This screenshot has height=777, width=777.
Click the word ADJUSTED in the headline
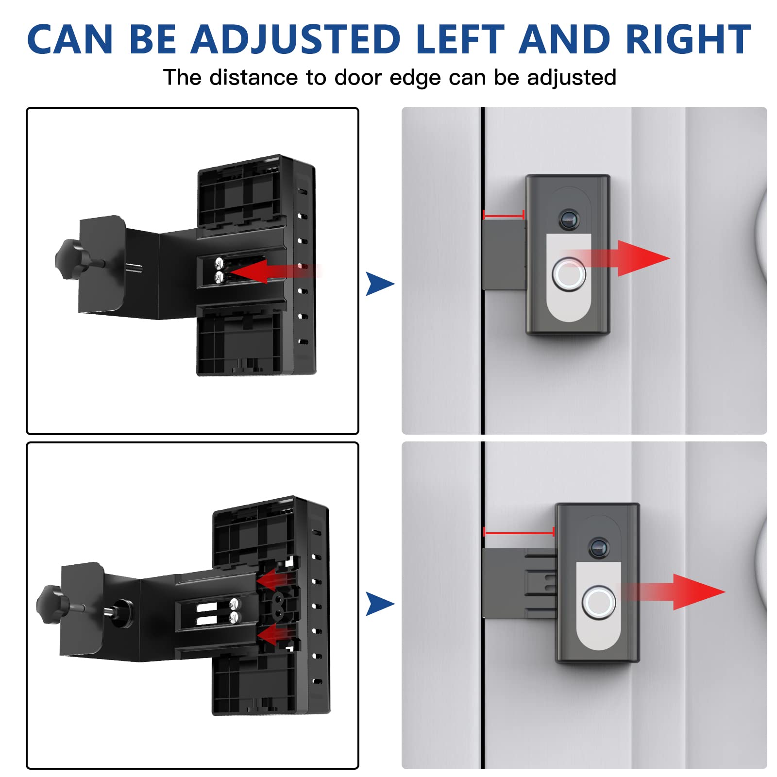coord(295,40)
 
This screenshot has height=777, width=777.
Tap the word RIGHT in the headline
coord(688,40)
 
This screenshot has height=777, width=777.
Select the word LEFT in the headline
coord(460,40)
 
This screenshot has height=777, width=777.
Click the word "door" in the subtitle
coord(357,78)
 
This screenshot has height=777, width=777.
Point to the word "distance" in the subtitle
coord(253,78)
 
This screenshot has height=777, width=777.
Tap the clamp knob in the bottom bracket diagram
coord(50,604)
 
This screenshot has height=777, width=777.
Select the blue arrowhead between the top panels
coord(379,284)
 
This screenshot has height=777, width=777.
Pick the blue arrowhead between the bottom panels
coord(379,604)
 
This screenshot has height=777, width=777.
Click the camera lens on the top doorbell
coord(569,220)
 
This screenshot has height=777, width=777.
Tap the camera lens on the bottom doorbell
coord(598,548)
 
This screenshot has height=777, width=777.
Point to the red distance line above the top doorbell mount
coord(504,215)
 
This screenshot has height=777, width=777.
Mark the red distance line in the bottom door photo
coord(519,533)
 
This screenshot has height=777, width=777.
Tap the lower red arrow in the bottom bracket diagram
coord(274,634)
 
